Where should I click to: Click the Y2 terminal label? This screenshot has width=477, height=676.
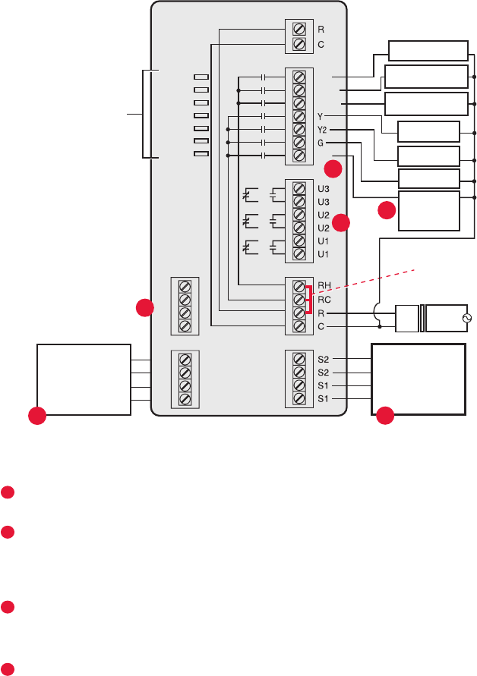(x=323, y=129)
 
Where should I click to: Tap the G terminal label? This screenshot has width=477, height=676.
(x=321, y=142)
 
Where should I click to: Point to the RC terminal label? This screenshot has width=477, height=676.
(x=324, y=299)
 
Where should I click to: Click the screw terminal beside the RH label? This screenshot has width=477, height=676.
(x=299, y=286)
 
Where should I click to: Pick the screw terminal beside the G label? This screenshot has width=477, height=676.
(x=299, y=142)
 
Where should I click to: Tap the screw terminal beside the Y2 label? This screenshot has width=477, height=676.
(x=299, y=129)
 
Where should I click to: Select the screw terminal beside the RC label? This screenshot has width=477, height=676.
(x=299, y=299)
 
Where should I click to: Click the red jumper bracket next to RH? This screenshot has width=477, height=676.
(x=309, y=299)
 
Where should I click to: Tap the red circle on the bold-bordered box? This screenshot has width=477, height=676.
(x=386, y=414)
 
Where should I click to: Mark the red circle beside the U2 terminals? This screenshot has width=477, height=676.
(x=342, y=222)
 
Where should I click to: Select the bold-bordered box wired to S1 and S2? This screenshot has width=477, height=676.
(x=417, y=379)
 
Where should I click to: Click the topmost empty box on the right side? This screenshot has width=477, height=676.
(x=428, y=51)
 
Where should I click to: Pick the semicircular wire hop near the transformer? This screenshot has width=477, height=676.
(x=379, y=311)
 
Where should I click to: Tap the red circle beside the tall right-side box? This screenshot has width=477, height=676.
(x=387, y=210)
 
